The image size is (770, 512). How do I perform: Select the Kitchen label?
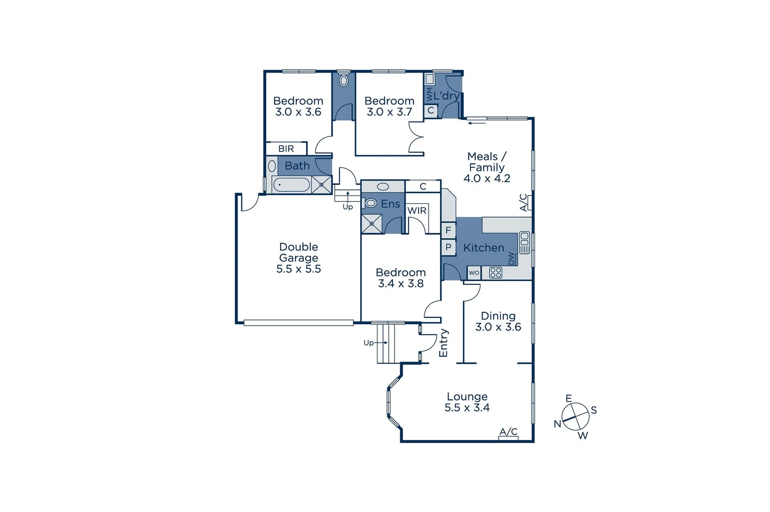pyautogui.click(x=484, y=248)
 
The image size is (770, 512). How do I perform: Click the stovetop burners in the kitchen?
pyautogui.click(x=495, y=273)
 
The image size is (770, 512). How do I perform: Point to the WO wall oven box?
pyautogui.click(x=474, y=273)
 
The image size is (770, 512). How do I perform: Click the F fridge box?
pyautogui.click(x=448, y=230)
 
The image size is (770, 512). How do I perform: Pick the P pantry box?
pyautogui.click(x=448, y=247)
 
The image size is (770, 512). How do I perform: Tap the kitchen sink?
pyautogui.click(x=524, y=243)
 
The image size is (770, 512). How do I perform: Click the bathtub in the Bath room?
pyautogui.click(x=291, y=184)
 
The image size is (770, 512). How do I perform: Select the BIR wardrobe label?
pyautogui.click(x=286, y=149)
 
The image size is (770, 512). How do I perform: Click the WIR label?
pyautogui.click(x=417, y=210)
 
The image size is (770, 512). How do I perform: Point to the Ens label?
pyautogui.click(x=390, y=204)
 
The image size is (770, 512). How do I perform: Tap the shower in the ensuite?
pyautogui.click(x=372, y=224)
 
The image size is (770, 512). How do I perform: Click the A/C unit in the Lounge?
pyautogui.click(x=508, y=438)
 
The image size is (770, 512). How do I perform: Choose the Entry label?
pyautogui.click(x=443, y=343)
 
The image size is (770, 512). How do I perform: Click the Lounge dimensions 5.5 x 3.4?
pyautogui.click(x=467, y=408)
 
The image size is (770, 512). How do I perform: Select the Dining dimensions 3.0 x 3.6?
pyautogui.click(x=498, y=327)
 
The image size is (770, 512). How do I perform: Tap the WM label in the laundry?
pyautogui.click(x=430, y=94)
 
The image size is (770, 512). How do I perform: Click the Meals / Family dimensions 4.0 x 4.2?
pyautogui.click(x=487, y=179)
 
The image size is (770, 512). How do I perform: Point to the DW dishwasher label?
pyautogui.click(x=511, y=258)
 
